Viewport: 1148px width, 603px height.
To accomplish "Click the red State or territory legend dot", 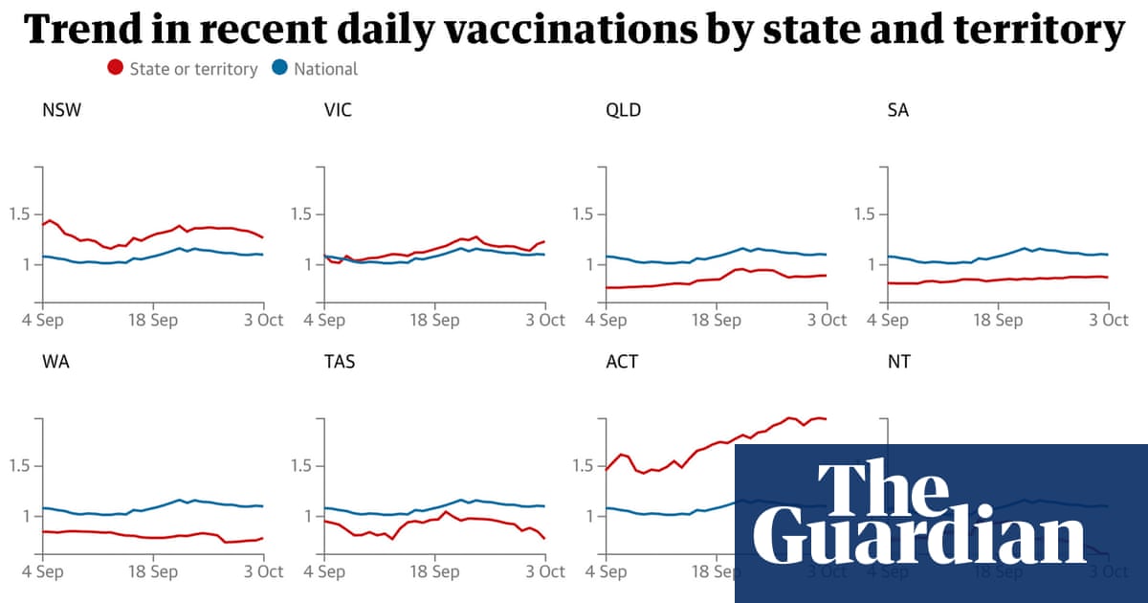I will click(116, 68).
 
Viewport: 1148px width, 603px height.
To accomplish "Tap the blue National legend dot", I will click(280, 68).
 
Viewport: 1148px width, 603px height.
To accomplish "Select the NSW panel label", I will click(61, 110).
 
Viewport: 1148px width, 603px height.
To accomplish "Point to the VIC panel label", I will click(338, 110).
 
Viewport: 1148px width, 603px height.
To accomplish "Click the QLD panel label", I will click(624, 110).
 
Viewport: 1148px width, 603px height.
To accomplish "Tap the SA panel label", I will click(897, 110).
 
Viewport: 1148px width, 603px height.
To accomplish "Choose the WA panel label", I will click(55, 363).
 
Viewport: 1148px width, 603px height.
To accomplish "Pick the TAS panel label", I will click(340, 363).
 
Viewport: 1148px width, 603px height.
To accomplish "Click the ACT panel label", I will click(622, 363).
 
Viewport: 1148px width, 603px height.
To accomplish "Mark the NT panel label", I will click(898, 363).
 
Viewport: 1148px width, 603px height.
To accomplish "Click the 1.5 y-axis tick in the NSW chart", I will click(19, 214).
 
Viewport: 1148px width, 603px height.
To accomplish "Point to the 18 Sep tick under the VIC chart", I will click(435, 320).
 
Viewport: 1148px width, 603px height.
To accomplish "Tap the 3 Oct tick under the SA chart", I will click(1109, 320).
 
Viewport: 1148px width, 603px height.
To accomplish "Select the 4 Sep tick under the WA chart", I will click(42, 572).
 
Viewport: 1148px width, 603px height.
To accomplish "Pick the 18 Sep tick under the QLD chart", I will click(717, 320).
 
